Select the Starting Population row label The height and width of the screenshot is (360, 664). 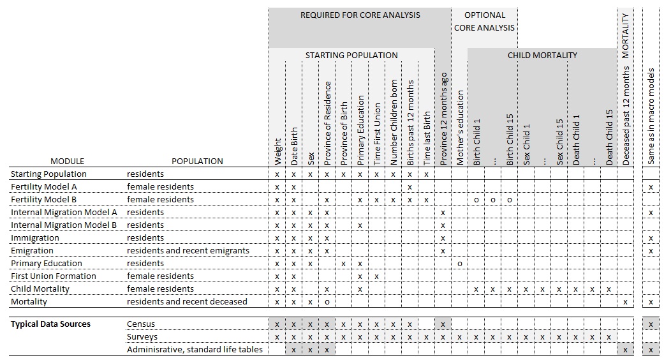tap(48, 174)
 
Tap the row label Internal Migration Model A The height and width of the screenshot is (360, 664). tap(64, 213)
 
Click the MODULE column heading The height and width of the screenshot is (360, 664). tap(68, 161)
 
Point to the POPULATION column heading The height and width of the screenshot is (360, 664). tap(197, 161)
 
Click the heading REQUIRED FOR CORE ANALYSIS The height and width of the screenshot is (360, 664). tap(360, 15)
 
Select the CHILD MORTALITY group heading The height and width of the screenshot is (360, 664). tap(542, 56)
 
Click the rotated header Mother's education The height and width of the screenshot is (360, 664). tap(461, 128)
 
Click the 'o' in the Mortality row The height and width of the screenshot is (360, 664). tap(327, 302)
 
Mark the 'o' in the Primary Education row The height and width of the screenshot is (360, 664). tap(460, 264)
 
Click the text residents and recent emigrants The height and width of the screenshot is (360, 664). tap(188, 251)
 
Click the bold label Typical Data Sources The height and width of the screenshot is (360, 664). tap(50, 324)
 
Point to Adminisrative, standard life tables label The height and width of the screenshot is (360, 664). tap(195, 350)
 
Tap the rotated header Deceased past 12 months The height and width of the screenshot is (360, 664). tap(626, 116)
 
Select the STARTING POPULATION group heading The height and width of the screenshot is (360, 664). tap(351, 56)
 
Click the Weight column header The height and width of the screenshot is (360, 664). tap(277, 152)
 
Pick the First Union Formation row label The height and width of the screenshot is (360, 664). tap(54, 276)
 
